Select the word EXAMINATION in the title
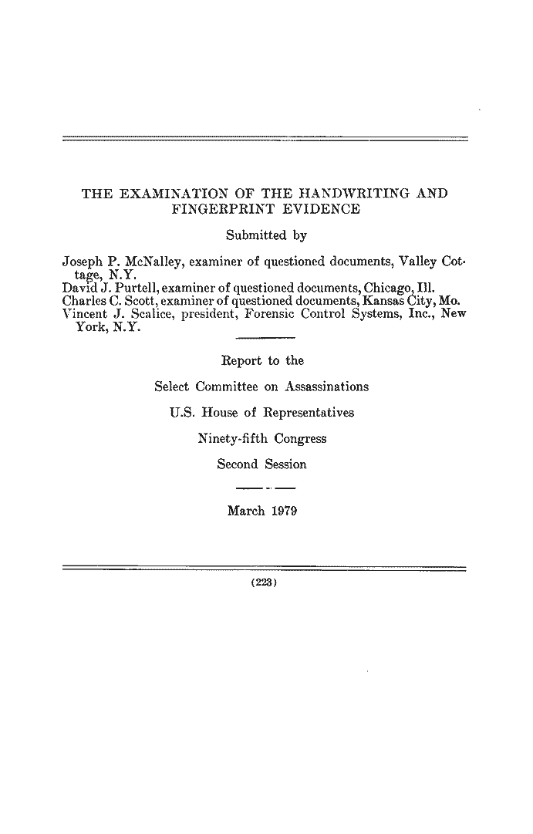click(170, 192)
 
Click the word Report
click(241, 360)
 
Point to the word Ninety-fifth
click(231, 439)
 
